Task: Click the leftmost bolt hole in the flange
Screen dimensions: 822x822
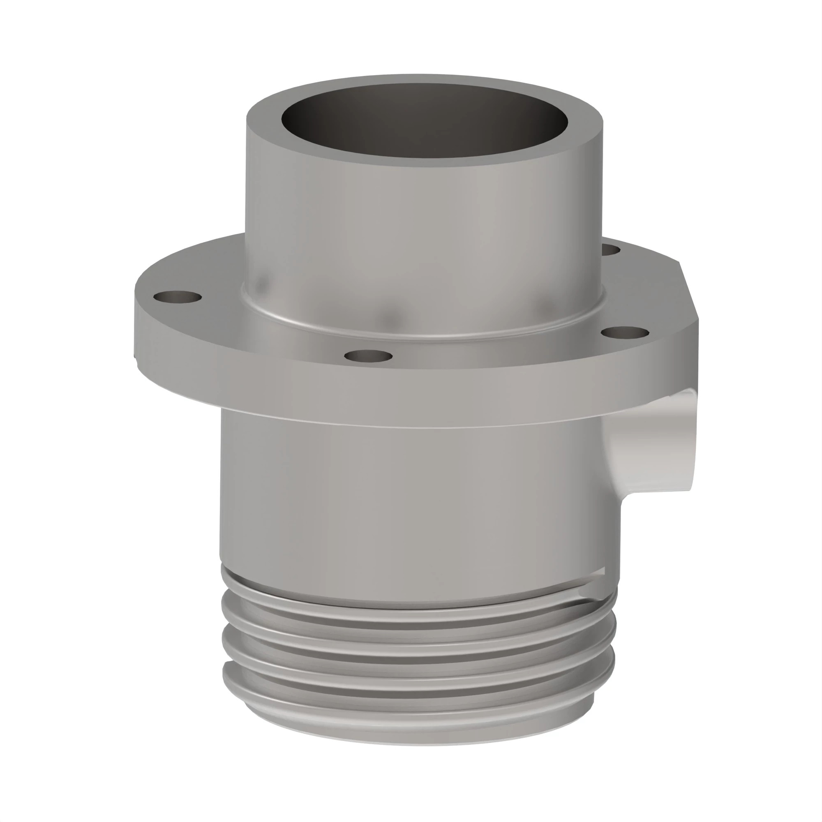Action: (x=178, y=297)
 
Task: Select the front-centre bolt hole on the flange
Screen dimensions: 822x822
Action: (x=368, y=356)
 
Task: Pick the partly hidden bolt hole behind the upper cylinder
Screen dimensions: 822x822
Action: (x=612, y=250)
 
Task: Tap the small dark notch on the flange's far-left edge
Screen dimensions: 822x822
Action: (x=135, y=355)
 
